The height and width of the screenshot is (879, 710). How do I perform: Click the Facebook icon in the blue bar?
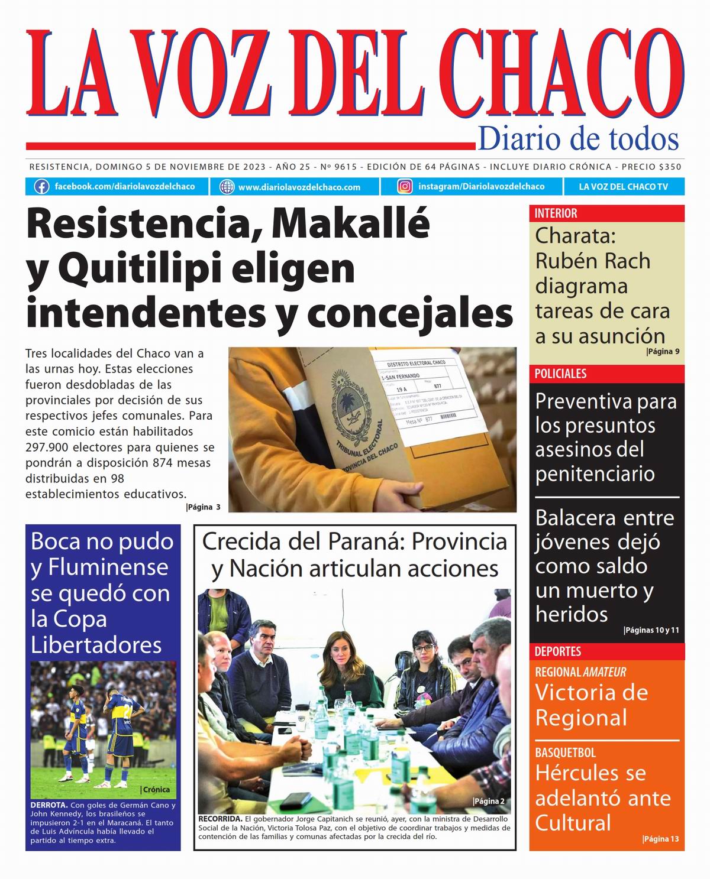click(41, 187)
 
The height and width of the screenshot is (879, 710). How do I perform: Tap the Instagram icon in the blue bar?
click(405, 187)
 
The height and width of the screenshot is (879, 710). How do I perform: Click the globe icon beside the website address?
click(227, 187)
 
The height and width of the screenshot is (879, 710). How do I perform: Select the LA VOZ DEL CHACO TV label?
click(623, 187)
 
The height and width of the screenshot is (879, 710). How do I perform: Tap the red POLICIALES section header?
click(560, 374)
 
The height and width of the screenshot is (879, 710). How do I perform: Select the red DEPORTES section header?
click(557, 651)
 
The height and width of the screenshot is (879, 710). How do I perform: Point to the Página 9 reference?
click(663, 352)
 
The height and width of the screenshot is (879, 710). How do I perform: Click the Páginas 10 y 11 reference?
click(651, 630)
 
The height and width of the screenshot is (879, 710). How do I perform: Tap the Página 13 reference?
click(660, 839)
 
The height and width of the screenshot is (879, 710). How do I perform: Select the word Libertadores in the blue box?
click(96, 644)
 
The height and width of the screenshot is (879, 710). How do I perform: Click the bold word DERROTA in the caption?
click(49, 805)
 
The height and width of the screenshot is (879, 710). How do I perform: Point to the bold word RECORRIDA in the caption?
click(220, 819)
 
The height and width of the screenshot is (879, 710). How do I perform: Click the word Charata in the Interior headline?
click(575, 235)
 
